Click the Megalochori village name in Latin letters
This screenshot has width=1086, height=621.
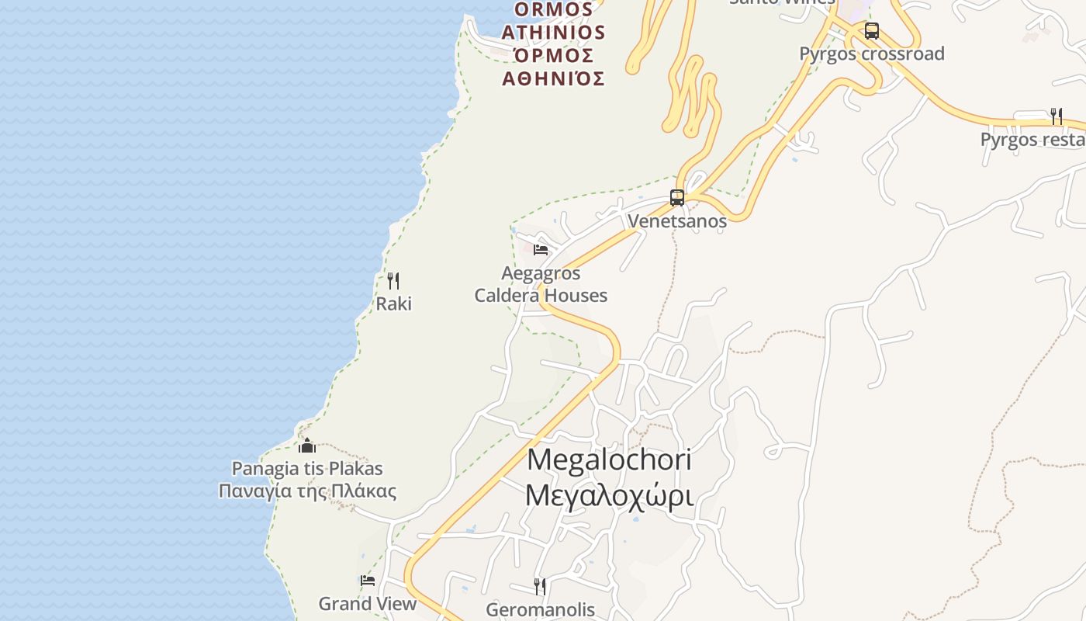(609, 460)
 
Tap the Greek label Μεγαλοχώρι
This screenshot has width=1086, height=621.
(609, 494)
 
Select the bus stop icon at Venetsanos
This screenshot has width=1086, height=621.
(677, 198)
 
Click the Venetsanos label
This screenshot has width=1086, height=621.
(677, 221)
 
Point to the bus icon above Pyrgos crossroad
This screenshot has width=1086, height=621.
(872, 31)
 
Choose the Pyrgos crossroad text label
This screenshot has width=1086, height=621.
(872, 54)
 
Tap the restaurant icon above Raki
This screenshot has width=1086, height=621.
(393, 281)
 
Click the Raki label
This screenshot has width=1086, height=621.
(393, 304)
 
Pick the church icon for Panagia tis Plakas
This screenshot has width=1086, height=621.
(307, 446)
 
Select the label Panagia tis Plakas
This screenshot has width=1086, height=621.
(307, 469)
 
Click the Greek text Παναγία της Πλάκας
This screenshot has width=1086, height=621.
(307, 491)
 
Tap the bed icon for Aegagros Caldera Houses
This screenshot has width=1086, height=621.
(541, 250)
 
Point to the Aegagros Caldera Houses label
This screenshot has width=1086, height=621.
(541, 284)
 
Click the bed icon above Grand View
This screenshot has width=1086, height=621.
(368, 581)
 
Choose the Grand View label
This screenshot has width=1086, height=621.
(368, 603)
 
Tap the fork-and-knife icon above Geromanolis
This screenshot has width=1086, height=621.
(540, 586)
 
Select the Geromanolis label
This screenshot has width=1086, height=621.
(540, 609)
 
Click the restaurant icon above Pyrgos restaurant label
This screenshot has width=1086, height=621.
(1057, 116)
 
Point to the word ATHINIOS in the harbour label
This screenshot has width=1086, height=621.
(553, 32)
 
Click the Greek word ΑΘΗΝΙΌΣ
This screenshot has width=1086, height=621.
(553, 78)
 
